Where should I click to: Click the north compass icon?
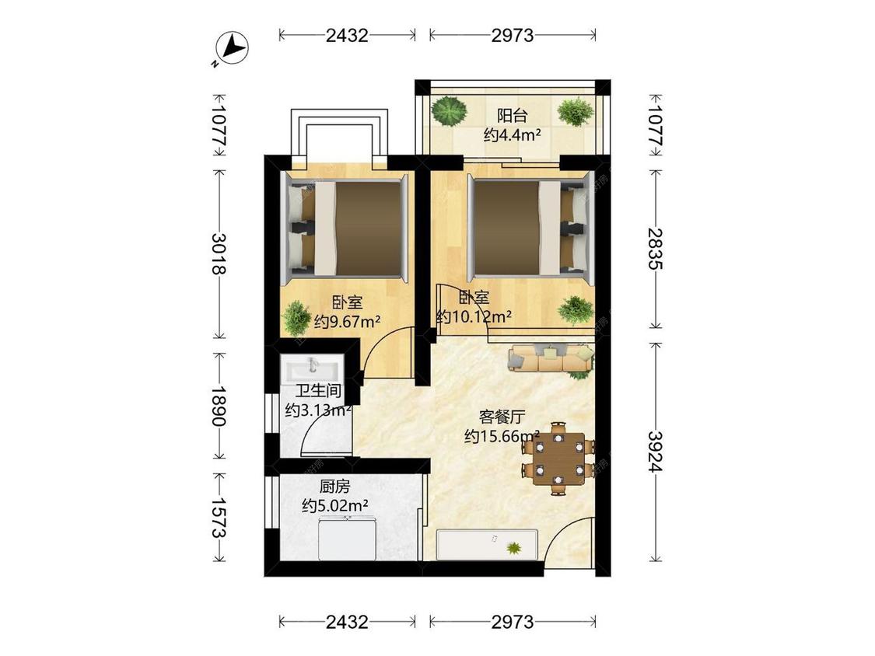[232, 48]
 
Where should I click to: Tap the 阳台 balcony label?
[513, 116]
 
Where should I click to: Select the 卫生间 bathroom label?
[318, 391]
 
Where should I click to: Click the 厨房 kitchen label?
[334, 487]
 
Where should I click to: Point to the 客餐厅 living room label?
[502, 417]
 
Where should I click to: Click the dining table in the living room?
[558, 459]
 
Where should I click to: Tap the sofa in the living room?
[551, 358]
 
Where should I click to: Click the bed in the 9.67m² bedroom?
[345, 229]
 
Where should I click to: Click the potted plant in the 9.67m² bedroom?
[296, 318]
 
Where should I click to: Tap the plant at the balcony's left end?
[450, 110]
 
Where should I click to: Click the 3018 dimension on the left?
[219, 254]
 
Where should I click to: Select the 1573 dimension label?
[219, 518]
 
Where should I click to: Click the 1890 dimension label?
[219, 406]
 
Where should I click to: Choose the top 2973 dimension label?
[513, 36]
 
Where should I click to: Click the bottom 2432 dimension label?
[347, 622]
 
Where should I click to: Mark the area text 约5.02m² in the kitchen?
[334, 506]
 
